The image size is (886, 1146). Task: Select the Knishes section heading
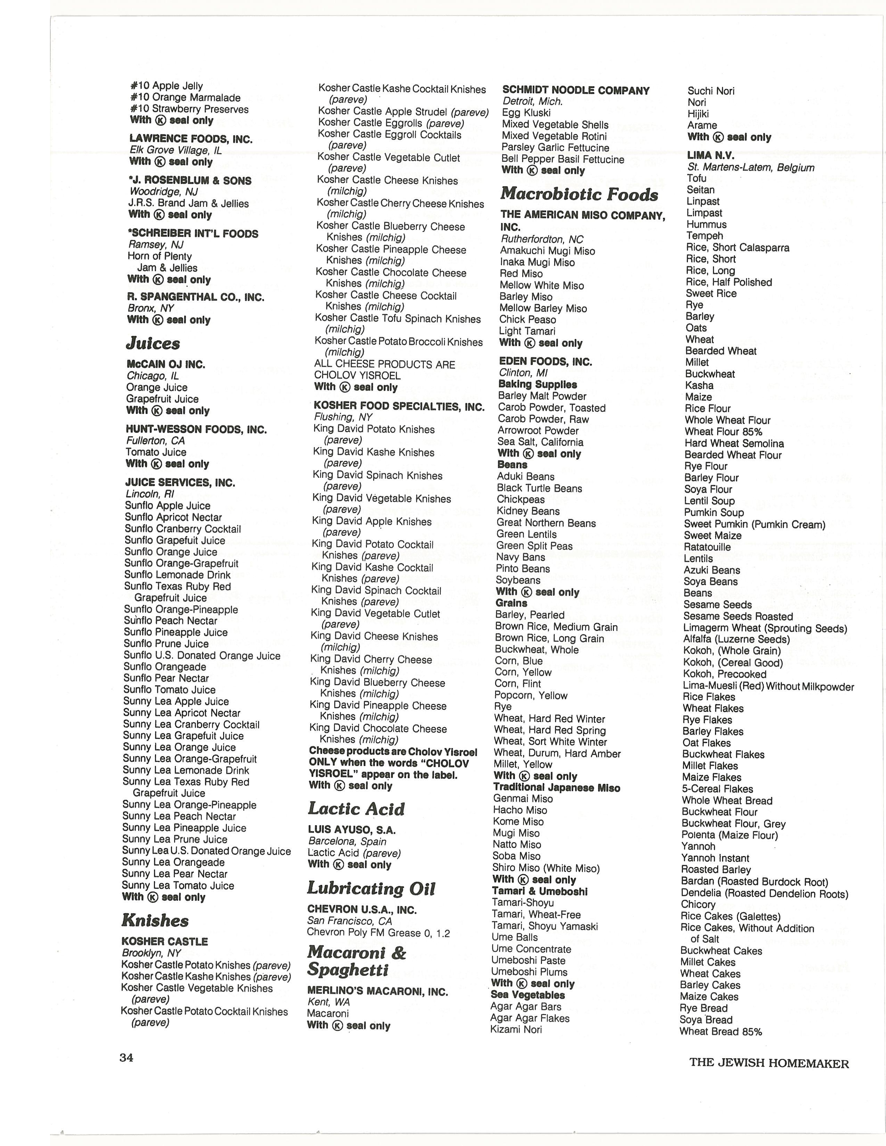coord(155,920)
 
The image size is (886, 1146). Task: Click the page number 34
coord(126,1057)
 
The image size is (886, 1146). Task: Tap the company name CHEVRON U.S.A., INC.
coord(362,910)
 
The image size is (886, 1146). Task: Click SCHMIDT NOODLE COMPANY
coord(576,90)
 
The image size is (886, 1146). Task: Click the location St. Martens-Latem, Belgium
coord(750,167)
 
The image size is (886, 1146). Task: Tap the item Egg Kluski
coord(526,113)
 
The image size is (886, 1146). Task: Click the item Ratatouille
coord(707,547)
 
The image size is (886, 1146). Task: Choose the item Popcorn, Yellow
coord(531,695)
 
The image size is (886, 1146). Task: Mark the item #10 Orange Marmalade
coord(185,98)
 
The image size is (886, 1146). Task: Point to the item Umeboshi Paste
coord(528,960)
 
